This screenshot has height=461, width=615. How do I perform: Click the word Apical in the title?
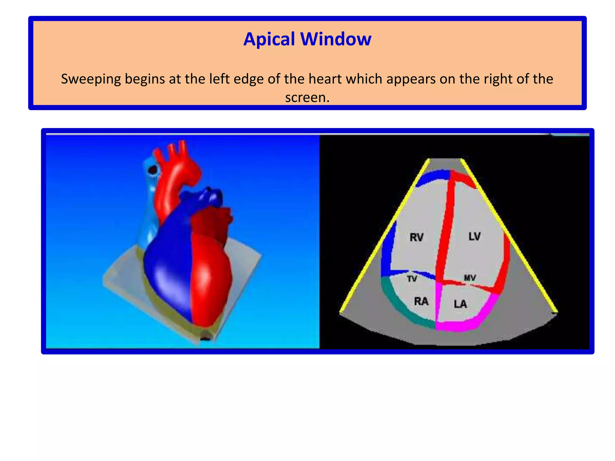269,39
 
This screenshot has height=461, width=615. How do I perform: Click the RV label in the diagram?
416,237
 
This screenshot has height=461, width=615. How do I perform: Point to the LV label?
474,237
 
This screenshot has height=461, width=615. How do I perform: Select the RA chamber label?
421,301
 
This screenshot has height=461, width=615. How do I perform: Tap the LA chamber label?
460,304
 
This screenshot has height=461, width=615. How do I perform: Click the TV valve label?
412,279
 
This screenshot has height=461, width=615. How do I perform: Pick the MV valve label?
470,278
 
